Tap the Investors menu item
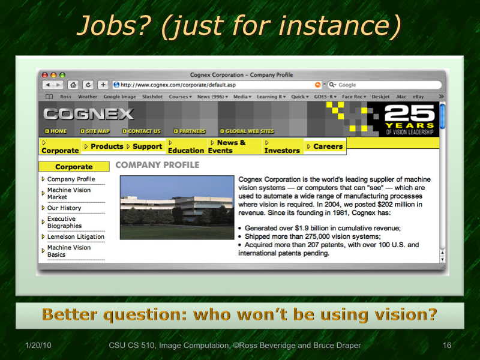pos(281,150)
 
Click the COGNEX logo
pos(88,113)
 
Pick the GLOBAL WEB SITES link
pos(249,131)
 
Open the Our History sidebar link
pos(64,208)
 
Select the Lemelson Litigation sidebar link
pos(76,236)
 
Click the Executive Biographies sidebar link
pos(64,223)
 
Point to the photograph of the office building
pos(177,208)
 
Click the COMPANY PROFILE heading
pos(157,165)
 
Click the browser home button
pos(73,85)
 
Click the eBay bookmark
pos(418,97)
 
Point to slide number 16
pos(446,346)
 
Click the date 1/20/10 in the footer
pos(38,346)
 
